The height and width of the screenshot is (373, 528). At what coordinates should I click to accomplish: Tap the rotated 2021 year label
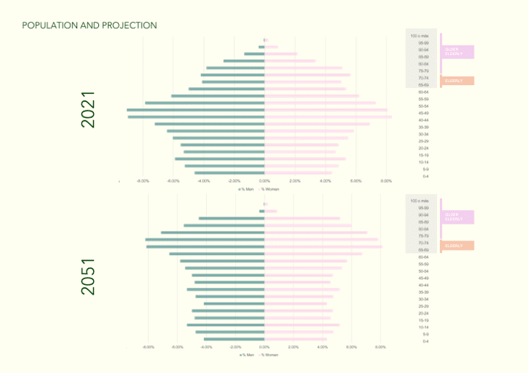pyautogui.click(x=88, y=110)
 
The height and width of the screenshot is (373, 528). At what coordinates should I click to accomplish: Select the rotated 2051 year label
pyautogui.click(x=88, y=277)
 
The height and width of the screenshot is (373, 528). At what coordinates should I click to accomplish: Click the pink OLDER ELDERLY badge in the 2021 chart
pyautogui.click(x=457, y=52)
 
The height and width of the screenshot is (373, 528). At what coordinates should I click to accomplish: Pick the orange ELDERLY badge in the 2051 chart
pyautogui.click(x=457, y=245)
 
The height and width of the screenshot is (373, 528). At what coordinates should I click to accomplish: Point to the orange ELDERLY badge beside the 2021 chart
pyautogui.click(x=457, y=81)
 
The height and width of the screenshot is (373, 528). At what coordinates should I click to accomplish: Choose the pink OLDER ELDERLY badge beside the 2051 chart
pyautogui.click(x=457, y=217)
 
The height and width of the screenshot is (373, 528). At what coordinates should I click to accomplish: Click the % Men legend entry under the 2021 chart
pyautogui.click(x=246, y=189)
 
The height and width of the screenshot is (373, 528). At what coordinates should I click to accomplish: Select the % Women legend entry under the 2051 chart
pyautogui.click(x=270, y=354)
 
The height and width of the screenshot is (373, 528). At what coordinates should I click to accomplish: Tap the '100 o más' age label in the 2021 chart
pyautogui.click(x=419, y=36)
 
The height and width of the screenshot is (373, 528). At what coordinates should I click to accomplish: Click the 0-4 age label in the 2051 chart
pyautogui.click(x=425, y=341)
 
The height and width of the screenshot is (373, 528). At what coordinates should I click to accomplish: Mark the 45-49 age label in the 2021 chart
pyautogui.click(x=424, y=114)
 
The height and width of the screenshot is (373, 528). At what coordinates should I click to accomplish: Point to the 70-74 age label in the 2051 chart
pyautogui.click(x=424, y=243)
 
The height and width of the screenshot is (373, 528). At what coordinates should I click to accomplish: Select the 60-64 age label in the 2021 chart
pyautogui.click(x=424, y=92)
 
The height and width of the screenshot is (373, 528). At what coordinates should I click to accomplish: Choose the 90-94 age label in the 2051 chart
pyautogui.click(x=424, y=215)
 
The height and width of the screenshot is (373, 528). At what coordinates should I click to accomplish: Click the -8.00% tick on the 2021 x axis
pyautogui.click(x=143, y=181)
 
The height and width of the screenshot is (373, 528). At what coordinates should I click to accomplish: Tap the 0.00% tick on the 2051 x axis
pyautogui.click(x=265, y=347)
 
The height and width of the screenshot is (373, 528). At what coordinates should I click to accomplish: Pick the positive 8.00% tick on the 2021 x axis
pyautogui.click(x=386, y=181)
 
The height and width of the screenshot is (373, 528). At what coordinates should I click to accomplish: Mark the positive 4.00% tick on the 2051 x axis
pyautogui.click(x=323, y=347)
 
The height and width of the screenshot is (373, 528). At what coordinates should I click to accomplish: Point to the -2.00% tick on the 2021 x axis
pyautogui.click(x=234, y=181)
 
